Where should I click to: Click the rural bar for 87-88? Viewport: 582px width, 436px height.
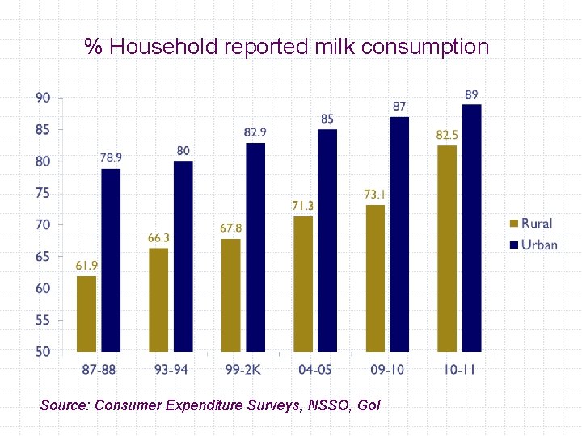(x=86, y=314)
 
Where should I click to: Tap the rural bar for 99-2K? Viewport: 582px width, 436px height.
(x=231, y=296)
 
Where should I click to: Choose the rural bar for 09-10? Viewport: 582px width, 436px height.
(x=375, y=279)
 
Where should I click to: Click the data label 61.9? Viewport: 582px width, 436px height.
(x=86, y=266)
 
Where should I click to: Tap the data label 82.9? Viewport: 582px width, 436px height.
(x=255, y=132)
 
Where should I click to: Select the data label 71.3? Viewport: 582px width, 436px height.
(x=303, y=206)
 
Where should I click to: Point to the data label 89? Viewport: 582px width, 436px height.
(x=471, y=94)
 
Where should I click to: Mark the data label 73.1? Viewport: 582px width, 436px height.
(x=375, y=195)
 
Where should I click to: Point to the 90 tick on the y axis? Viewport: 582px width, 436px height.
(x=43, y=98)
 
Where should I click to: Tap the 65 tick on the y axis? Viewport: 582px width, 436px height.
(x=43, y=257)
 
